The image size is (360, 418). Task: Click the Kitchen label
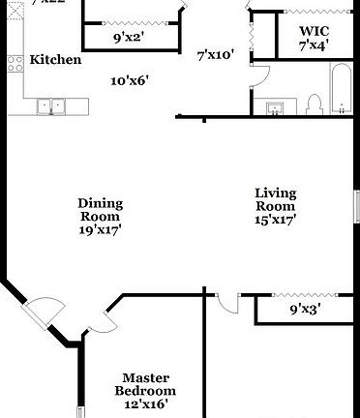(x=55, y=60)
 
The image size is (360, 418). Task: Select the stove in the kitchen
(x=15, y=65)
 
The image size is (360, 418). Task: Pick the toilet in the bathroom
(x=313, y=102)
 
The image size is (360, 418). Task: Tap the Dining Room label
(x=100, y=210)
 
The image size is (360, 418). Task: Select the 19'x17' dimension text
(x=100, y=230)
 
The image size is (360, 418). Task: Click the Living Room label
(x=275, y=199)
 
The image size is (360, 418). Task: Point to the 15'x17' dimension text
(x=275, y=220)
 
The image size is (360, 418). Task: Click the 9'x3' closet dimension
(x=306, y=311)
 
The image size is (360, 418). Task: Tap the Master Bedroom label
(x=146, y=384)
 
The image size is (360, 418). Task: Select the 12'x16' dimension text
(x=146, y=404)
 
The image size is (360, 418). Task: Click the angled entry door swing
(x=41, y=312)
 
